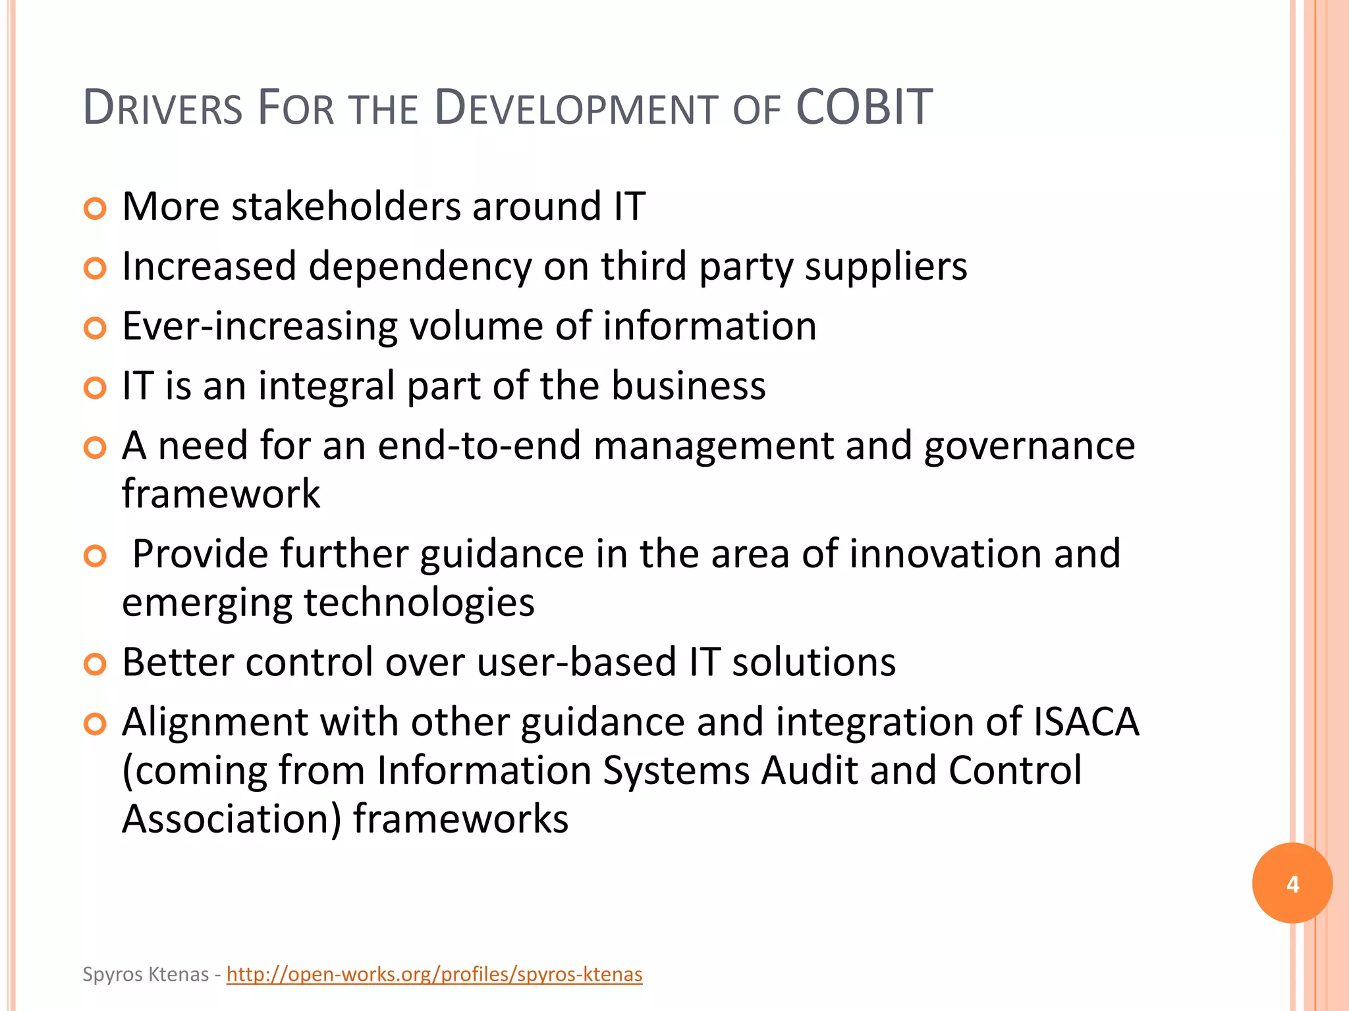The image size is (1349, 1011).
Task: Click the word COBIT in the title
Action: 864,107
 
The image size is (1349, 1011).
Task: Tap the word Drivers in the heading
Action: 163,109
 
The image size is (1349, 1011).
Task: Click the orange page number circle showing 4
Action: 1292,883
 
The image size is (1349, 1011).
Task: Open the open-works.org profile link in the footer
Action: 434,974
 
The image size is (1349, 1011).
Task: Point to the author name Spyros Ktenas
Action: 146,974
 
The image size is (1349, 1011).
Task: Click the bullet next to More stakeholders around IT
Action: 96,209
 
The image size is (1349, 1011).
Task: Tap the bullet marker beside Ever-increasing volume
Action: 96,328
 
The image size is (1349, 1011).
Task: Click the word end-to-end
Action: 480,446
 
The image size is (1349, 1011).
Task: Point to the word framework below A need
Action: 221,494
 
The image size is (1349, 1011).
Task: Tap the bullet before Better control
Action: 96,664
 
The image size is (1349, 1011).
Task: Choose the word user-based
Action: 576,662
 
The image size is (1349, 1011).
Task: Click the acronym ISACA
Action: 1086,722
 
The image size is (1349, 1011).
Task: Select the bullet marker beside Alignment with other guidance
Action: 96,725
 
